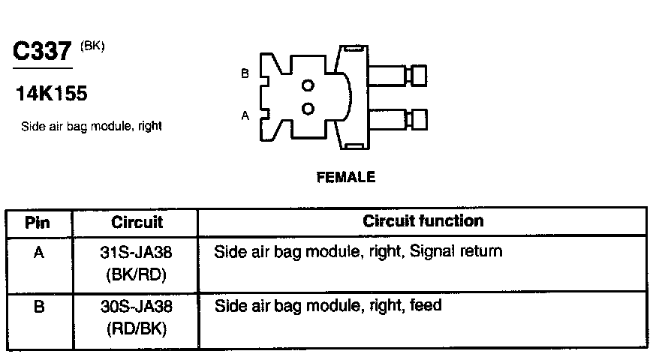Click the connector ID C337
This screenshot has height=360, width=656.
[44, 52]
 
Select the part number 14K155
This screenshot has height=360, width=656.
[51, 94]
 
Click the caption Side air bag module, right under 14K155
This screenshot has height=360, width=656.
[92, 126]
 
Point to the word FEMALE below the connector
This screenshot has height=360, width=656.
[346, 178]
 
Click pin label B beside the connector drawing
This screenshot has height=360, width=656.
[245, 73]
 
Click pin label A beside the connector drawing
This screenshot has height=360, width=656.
[245, 115]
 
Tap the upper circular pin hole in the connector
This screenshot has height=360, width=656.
[308, 85]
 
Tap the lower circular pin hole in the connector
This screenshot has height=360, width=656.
[308, 109]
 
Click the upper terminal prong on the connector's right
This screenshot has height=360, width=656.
[398, 75]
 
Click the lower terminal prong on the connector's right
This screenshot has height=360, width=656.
[398, 118]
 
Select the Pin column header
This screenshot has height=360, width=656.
[38, 222]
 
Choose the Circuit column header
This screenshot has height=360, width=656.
[137, 222]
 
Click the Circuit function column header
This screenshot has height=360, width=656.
[423, 221]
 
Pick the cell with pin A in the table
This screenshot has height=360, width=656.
[38, 253]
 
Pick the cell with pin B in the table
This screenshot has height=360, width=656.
[38, 307]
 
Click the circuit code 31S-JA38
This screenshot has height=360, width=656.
[137, 253]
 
